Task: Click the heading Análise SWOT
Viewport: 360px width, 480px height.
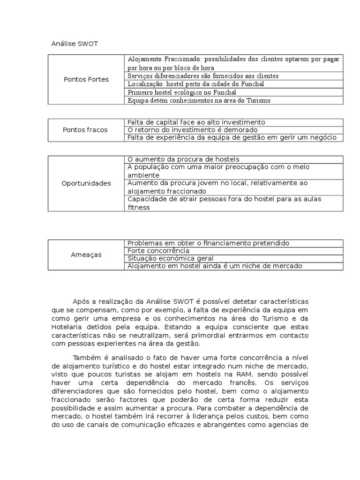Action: click(x=75, y=44)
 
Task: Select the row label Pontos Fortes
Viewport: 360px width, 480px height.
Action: click(x=86, y=79)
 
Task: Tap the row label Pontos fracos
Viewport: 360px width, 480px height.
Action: click(x=85, y=130)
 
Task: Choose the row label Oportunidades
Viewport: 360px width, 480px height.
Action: click(x=86, y=183)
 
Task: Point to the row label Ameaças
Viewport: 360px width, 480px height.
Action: click(x=86, y=255)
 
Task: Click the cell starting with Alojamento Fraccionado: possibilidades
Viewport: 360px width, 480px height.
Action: click(x=233, y=63)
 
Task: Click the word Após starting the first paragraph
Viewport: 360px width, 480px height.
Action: click(x=81, y=301)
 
